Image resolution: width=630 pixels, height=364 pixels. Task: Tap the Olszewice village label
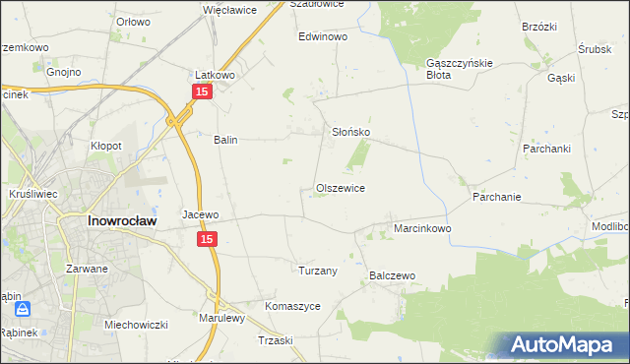point(341,188)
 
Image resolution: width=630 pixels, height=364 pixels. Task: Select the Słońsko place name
point(348,132)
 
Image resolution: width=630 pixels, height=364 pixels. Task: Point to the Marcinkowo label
point(422,228)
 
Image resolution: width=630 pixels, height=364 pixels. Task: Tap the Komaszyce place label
point(293,306)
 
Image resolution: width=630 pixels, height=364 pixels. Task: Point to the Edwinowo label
point(324,36)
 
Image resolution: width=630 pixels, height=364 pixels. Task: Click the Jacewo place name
point(200,213)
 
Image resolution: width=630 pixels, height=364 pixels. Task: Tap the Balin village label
point(226,140)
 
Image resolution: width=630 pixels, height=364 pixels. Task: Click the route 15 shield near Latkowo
point(201,91)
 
